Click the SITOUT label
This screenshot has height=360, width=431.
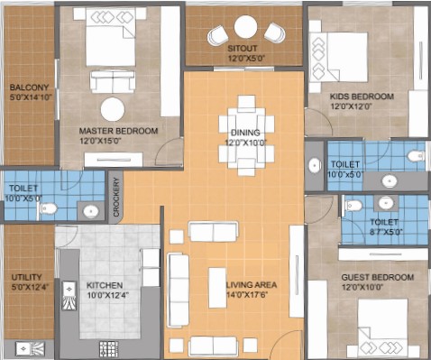[x=243, y=49]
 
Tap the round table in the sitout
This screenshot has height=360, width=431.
[x=245, y=27]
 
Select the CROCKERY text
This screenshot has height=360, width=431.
[x=116, y=197]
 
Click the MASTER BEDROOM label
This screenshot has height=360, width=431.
[x=118, y=131]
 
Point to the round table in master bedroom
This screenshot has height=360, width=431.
[x=113, y=109]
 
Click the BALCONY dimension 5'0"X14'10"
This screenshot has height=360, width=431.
[x=31, y=97]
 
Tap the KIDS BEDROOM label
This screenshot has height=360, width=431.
[x=362, y=97]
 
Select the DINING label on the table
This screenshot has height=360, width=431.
[x=245, y=133]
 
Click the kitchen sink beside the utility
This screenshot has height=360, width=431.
[x=69, y=296]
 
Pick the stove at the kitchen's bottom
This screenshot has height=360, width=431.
[x=108, y=349]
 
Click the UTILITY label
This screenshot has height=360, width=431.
[x=26, y=277]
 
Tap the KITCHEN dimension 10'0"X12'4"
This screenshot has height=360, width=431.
[x=108, y=295]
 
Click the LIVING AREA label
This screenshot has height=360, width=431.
[x=252, y=284]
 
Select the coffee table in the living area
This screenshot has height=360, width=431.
[x=217, y=288]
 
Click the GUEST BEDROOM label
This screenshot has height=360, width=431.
[x=378, y=277]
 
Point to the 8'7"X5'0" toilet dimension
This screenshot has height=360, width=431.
[x=386, y=232]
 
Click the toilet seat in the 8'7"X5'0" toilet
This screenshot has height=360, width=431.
[x=353, y=206]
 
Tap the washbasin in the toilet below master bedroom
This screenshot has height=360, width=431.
[x=90, y=211]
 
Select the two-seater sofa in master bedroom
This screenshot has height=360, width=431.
[x=112, y=82]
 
